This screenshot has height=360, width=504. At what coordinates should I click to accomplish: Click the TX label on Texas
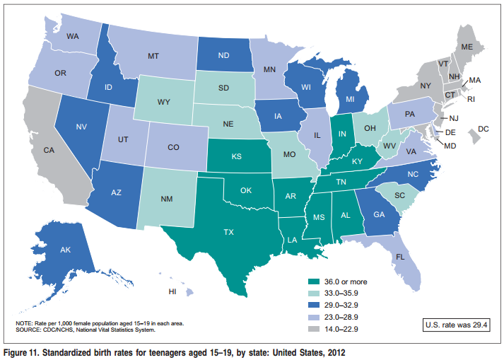point(228,231)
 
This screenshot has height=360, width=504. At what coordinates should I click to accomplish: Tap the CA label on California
point(49,151)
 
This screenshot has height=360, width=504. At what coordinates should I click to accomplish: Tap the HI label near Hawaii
point(172,291)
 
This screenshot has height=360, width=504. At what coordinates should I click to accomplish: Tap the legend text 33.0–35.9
point(351,294)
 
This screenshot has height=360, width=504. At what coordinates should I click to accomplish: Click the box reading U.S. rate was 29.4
point(456,326)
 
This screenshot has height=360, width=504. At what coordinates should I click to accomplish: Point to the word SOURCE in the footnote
point(29,329)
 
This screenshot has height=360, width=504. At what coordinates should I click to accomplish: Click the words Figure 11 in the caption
point(24,352)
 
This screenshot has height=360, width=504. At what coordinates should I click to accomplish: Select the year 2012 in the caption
point(336,352)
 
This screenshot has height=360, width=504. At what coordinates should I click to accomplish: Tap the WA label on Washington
point(72,35)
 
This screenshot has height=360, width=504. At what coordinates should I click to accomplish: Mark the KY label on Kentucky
point(357,161)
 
